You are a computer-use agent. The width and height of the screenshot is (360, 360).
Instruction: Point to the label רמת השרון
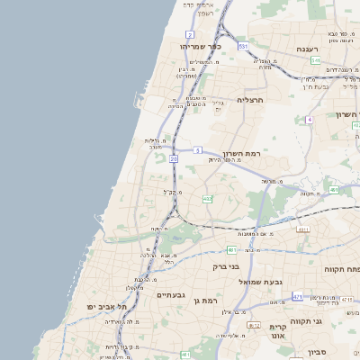tap(238, 153)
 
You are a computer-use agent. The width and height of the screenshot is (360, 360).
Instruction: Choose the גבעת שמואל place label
tap(242, 282)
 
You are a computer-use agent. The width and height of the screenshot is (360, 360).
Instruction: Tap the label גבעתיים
tap(170, 294)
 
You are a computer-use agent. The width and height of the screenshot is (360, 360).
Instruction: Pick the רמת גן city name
tap(206, 299)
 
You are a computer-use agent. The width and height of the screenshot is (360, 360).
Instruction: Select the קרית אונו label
tap(277, 332)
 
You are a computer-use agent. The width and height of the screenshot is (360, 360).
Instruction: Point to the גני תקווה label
tap(330, 320)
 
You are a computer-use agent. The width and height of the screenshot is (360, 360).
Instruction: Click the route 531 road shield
tap(243, 45)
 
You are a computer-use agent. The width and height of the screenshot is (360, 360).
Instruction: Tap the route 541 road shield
tap(316, 60)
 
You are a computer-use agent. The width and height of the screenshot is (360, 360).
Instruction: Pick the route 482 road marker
tap(208, 200)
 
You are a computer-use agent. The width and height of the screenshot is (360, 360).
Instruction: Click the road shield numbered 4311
tap(302, 229)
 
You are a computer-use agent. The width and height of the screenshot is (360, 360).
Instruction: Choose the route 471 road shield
tap(297, 295)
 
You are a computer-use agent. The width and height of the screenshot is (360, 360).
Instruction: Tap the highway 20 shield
tap(172, 159)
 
